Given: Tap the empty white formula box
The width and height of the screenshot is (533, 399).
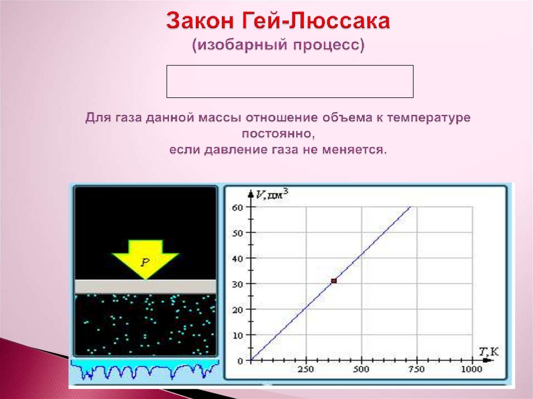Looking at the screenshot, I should point(290,81).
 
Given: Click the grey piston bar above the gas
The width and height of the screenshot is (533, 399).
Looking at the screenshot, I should point(145,287).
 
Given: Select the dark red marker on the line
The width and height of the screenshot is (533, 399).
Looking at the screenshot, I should point(334,281).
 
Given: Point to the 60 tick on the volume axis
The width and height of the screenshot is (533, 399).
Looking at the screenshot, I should point(237,207).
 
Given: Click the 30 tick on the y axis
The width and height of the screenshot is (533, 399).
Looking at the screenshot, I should point(237,284).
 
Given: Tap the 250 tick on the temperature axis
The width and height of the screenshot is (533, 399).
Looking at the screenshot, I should point(306,369).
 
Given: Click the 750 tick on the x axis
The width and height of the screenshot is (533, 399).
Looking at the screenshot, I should point(416,369).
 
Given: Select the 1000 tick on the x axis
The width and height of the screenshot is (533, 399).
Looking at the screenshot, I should point(471,369).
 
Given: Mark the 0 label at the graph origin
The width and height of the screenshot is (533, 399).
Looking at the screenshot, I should point(240,361).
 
